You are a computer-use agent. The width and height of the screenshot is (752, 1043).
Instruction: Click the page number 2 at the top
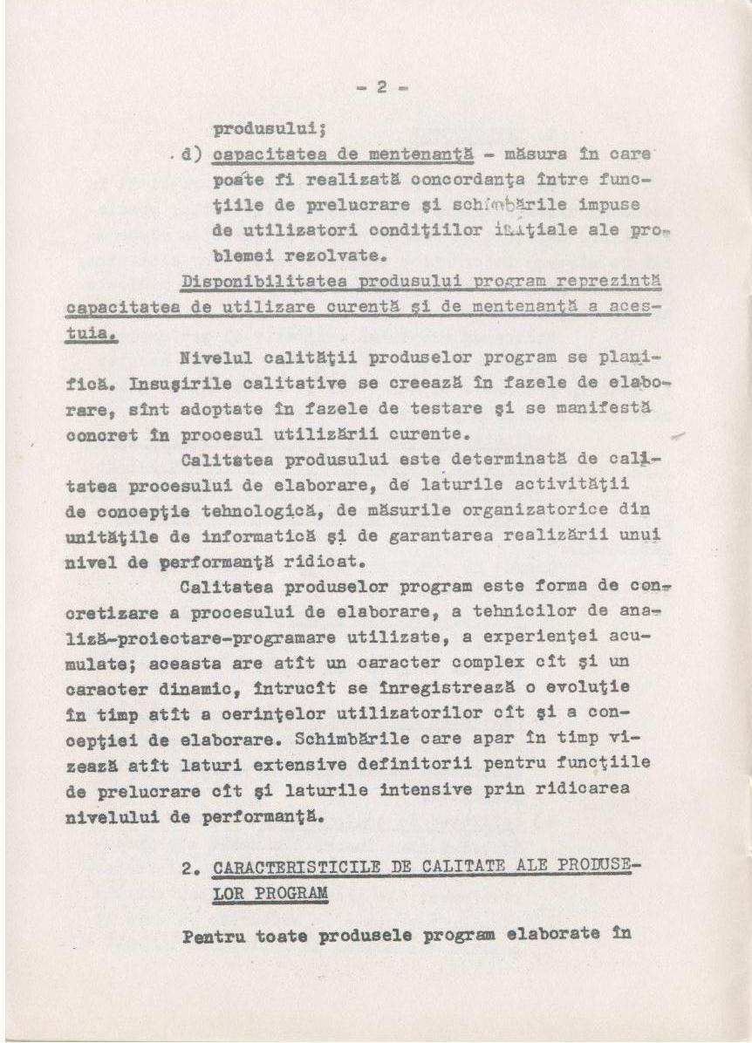(x=382, y=87)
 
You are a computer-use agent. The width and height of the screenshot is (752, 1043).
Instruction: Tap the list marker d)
(x=191, y=155)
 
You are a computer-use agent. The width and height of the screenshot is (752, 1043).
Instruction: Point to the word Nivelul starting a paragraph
(x=209, y=358)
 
